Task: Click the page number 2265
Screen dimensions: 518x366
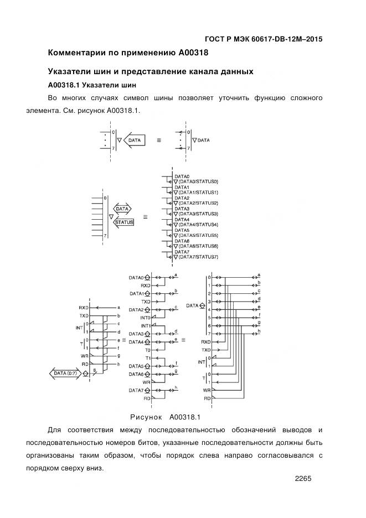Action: coord(304,479)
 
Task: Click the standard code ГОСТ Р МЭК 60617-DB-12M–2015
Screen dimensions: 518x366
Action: coord(264,39)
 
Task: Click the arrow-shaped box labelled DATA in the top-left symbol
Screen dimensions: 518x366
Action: coord(135,141)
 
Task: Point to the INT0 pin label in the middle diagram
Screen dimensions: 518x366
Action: coord(145,318)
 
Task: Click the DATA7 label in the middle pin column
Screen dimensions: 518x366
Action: coord(136,390)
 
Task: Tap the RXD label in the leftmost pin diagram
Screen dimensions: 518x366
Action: coord(84,307)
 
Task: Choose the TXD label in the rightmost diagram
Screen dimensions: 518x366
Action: coord(206,350)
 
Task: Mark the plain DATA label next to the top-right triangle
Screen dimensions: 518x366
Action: coord(203,141)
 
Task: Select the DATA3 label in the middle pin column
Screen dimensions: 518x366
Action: coord(136,334)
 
